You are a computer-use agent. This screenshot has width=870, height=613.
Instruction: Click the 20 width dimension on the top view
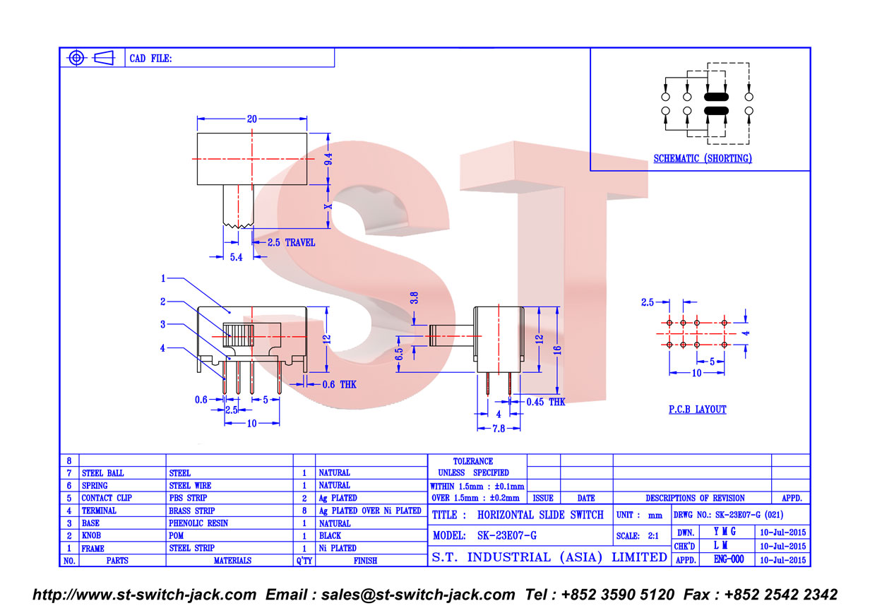coord(251,119)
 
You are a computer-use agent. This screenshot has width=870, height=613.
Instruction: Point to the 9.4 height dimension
coord(328,159)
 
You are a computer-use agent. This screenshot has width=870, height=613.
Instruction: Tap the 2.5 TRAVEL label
coord(291,243)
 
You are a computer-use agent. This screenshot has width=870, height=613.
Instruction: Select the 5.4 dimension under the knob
coord(236,257)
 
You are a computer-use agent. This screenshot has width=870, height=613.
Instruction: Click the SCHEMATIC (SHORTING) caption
coord(702,158)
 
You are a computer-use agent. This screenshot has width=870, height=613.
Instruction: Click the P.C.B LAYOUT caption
coord(697,409)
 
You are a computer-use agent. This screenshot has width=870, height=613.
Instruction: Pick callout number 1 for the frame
coord(163,278)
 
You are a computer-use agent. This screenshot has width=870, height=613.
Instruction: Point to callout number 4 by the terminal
coord(162,348)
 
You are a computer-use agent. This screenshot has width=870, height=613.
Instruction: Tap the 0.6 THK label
coord(339,385)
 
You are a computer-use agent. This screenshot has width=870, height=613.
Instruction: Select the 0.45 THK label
coord(546,402)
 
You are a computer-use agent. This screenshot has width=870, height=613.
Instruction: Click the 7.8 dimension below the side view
coord(499,429)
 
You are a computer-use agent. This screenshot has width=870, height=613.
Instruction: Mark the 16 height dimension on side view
coord(557,350)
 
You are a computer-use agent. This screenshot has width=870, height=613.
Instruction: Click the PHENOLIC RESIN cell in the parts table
coord(198,523)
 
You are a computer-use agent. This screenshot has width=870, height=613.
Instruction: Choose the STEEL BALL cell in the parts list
coord(102,473)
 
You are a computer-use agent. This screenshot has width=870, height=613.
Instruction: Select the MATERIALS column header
coord(232,561)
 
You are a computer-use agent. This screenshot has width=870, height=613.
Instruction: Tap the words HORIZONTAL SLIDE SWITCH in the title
coord(540,515)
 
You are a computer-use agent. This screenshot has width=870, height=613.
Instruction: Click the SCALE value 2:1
coord(653,536)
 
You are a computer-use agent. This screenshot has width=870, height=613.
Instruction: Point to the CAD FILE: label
coord(150,59)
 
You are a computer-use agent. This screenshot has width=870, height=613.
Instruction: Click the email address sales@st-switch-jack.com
coord(418,595)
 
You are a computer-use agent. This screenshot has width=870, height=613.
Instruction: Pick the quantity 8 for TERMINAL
coord(304,511)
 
